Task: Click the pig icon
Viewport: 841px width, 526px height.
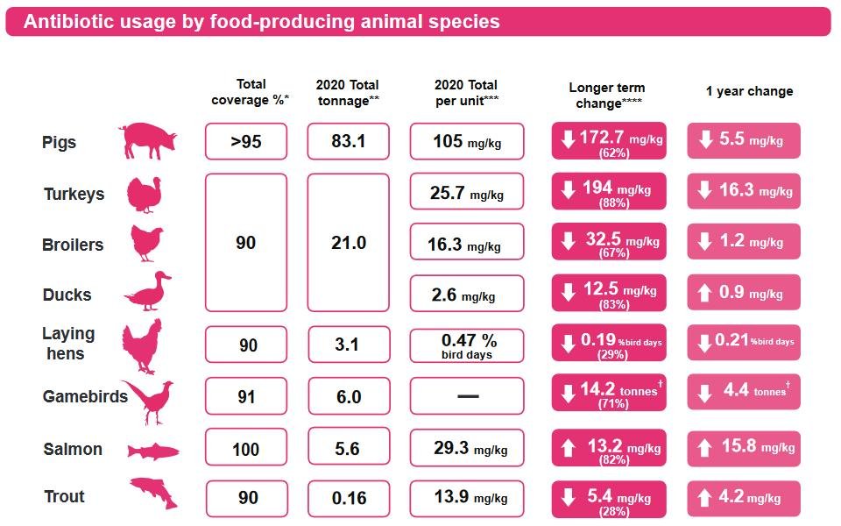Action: coord(147,140)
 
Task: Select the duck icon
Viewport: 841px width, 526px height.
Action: coord(145,291)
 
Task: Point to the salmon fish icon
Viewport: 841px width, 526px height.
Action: coord(153,451)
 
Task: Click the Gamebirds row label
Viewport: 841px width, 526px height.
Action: coord(85,396)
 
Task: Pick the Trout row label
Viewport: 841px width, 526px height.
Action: coord(65,497)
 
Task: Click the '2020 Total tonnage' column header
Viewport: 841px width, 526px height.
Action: coord(349,92)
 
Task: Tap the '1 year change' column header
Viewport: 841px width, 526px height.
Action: coord(749,91)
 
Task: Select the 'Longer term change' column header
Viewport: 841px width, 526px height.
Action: coord(607,96)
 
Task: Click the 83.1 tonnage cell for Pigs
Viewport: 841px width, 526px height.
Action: coord(349,141)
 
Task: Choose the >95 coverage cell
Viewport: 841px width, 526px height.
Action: coord(246,141)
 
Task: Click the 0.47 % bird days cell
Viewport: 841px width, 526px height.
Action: coord(467,345)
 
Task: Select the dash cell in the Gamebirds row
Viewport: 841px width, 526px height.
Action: coord(467,396)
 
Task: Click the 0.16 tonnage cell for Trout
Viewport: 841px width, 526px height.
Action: coord(349,498)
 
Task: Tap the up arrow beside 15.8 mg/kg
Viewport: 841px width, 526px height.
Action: coord(704,449)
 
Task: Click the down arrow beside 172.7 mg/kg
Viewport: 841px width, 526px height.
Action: coord(569,140)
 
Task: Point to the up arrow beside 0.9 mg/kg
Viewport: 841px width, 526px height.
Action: coord(704,293)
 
